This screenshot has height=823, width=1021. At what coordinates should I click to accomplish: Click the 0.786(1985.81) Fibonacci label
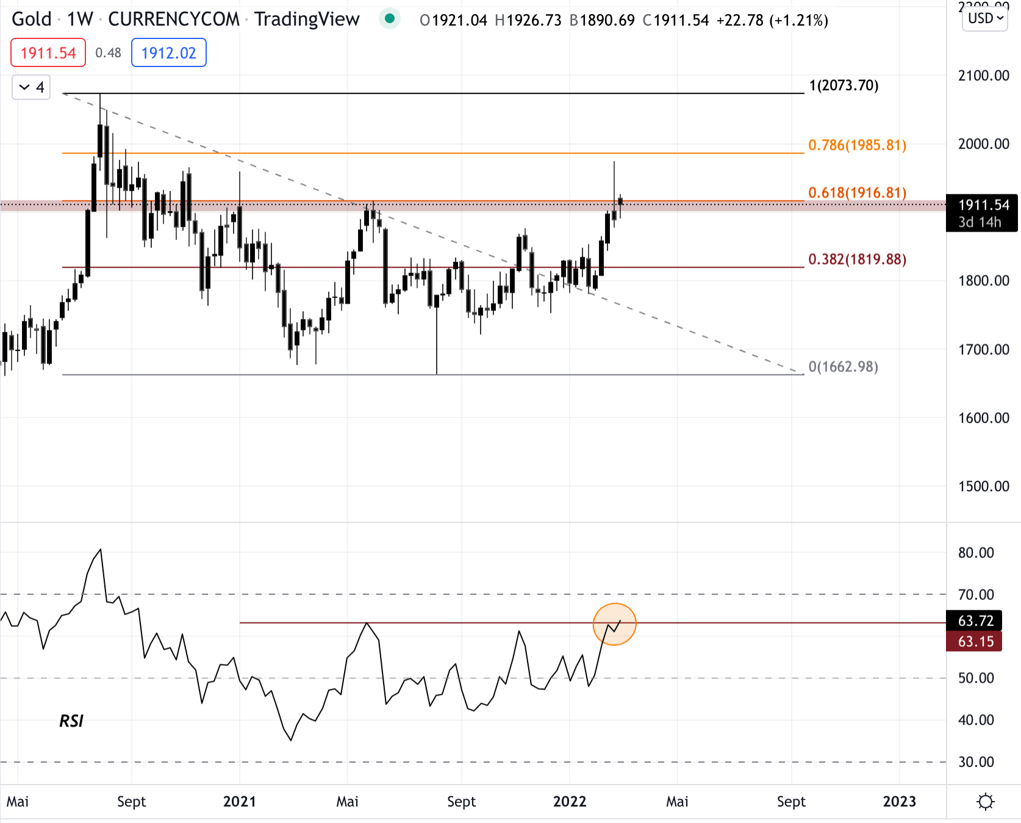(x=857, y=145)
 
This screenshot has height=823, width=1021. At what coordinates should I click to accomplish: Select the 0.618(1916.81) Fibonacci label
(x=857, y=193)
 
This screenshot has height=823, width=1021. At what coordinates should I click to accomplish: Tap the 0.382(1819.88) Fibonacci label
(x=857, y=259)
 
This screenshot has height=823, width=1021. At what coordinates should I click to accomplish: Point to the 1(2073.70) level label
(x=844, y=85)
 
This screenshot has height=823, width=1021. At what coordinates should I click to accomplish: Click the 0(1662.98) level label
(x=843, y=366)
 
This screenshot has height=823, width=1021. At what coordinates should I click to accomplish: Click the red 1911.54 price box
(x=48, y=53)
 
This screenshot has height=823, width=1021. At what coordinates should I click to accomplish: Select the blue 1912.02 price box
(x=169, y=53)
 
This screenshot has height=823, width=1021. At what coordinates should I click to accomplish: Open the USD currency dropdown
(x=985, y=18)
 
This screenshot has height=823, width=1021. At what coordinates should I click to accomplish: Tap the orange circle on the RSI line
(x=615, y=624)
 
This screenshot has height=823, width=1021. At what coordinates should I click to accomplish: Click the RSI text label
(x=71, y=721)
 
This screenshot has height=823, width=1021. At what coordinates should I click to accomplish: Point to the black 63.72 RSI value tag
(x=975, y=621)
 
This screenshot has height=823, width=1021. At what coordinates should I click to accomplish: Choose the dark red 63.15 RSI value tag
(x=975, y=641)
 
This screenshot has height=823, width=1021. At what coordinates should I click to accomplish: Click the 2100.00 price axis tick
(x=983, y=76)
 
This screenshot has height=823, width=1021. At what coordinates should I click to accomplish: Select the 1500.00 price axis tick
(x=983, y=486)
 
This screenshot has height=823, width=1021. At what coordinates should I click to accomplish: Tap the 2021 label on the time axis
(x=240, y=801)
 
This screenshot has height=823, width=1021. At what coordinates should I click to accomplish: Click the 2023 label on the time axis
(x=899, y=801)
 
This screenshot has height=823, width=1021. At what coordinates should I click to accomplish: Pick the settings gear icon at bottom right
(x=986, y=801)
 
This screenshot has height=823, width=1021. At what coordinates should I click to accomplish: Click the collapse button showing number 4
(x=31, y=87)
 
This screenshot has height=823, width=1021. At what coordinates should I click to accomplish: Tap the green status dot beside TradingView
(x=390, y=19)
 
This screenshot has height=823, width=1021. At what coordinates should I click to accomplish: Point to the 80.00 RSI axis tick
(x=976, y=553)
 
